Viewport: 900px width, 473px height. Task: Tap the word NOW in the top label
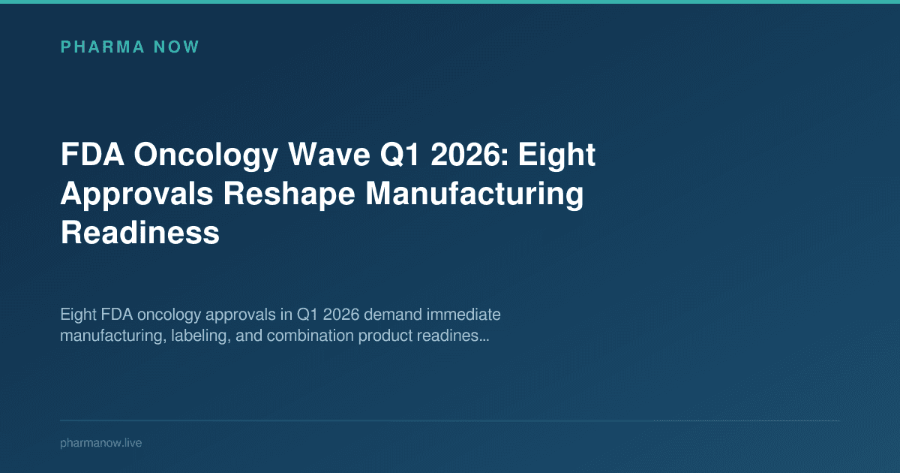(176, 47)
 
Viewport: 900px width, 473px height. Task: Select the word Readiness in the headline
(139, 233)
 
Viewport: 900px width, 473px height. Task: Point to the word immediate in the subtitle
(463, 313)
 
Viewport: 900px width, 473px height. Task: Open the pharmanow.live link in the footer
(100, 443)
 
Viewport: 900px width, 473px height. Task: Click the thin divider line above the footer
(450, 420)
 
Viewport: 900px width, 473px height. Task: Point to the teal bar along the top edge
(450, 2)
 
